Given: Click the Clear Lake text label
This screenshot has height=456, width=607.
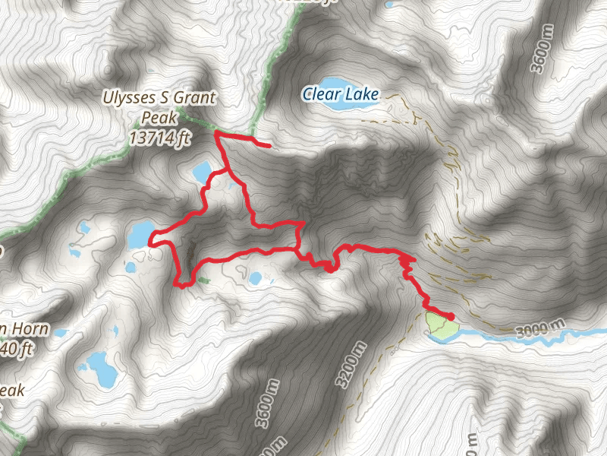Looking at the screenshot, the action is point(339,95).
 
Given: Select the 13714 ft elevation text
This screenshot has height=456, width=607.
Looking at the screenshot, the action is point(159,138).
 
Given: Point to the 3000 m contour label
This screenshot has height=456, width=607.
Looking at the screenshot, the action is point(539,329).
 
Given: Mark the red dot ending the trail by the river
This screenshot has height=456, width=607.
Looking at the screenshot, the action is point(451,316).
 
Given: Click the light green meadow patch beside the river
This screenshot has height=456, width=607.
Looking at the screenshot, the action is point(440,325).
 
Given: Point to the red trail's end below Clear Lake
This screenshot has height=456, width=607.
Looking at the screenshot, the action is point(269,144).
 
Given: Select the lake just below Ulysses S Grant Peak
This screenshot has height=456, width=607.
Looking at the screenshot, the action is point(203,172).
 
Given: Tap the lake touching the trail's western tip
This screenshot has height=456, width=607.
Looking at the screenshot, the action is point(140,235).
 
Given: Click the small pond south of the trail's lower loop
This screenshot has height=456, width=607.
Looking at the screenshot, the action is point(256,278).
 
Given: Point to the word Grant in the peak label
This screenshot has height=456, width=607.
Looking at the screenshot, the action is point(195,98).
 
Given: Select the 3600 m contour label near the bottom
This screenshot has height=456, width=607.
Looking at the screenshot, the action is point(263,411).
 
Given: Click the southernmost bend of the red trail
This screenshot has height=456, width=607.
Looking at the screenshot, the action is point(182,286).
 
